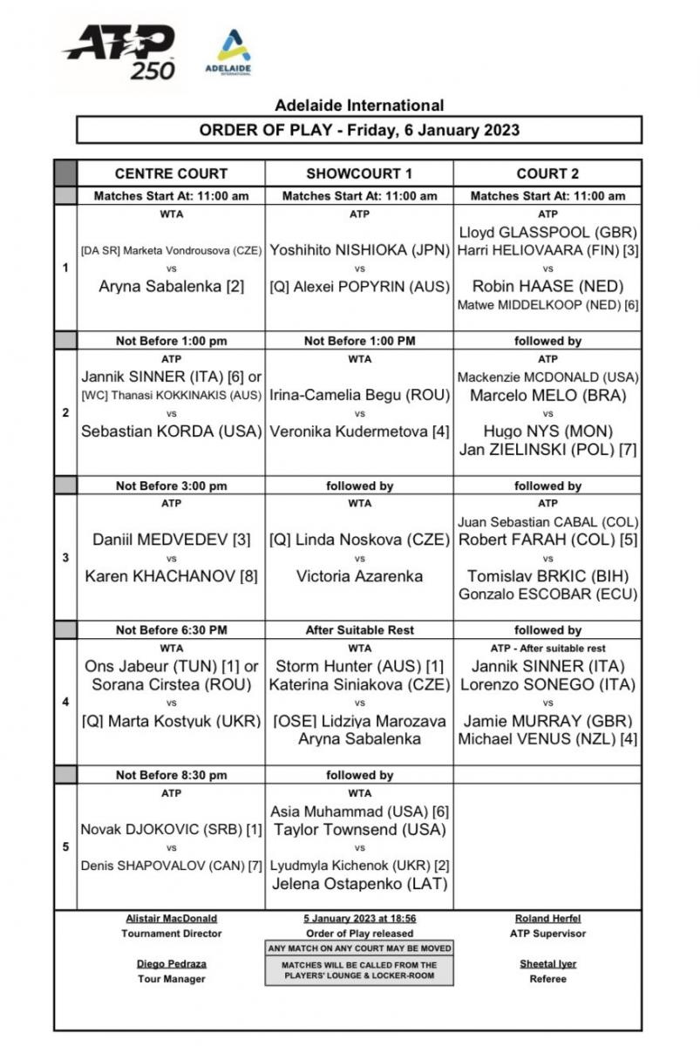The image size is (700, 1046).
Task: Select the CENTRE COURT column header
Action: tap(171, 173)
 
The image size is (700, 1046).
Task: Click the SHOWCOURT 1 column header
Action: tap(359, 173)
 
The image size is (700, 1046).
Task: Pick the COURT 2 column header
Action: tap(547, 173)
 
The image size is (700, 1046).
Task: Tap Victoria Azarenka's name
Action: tap(359, 575)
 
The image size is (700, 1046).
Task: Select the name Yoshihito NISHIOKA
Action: tap(359, 250)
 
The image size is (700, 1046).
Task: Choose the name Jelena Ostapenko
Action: tap(359, 883)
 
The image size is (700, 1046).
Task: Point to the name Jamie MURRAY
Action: tap(547, 721)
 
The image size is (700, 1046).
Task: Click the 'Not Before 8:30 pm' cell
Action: tap(171, 775)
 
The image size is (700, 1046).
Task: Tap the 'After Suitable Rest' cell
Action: tap(359, 630)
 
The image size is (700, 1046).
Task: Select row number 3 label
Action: tap(65, 557)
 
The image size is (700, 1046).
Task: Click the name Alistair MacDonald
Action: tap(171, 918)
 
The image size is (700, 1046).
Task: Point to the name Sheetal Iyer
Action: tap(547, 964)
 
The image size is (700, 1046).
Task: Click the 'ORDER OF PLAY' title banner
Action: tap(359, 130)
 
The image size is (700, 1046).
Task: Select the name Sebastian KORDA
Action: tap(171, 431)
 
